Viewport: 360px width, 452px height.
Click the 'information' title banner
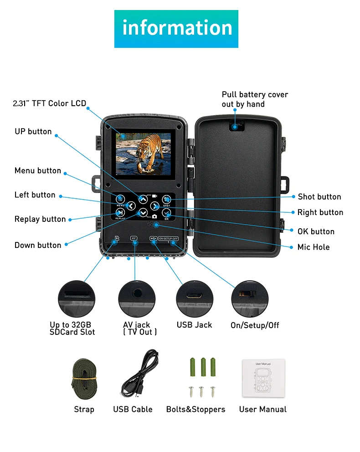(176, 28)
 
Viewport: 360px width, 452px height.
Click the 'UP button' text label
(33, 132)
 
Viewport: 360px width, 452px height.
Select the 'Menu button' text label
(38, 171)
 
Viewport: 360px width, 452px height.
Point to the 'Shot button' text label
(319, 197)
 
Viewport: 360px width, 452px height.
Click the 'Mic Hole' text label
(314, 247)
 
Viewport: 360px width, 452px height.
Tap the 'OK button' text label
(316, 231)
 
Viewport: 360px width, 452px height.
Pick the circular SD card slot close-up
(77, 299)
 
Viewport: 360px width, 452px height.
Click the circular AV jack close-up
(135, 299)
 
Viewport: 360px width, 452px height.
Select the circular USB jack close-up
(195, 299)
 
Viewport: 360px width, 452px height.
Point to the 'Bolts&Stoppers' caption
(195, 410)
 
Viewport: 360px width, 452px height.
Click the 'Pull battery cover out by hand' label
(255, 99)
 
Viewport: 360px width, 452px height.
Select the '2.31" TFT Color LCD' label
(49, 104)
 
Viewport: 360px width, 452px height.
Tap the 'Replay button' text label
(40, 219)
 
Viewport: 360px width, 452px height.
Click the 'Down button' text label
(38, 245)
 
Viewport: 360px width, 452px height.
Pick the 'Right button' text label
(320, 213)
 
